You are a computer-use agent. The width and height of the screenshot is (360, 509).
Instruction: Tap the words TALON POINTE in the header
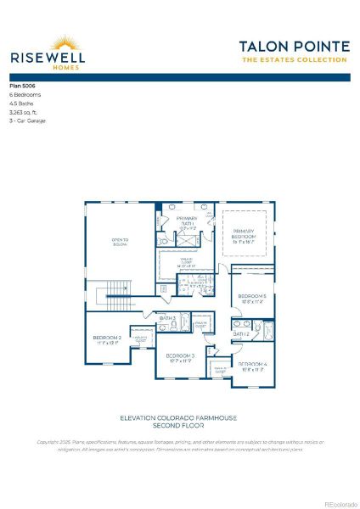(293, 46)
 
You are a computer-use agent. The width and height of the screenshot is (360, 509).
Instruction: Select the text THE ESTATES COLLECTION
(294, 60)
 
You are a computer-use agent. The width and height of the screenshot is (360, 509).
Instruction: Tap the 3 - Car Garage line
(27, 120)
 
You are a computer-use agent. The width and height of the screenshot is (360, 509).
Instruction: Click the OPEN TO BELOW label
(120, 242)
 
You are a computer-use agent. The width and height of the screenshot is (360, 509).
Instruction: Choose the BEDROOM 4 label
(253, 364)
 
